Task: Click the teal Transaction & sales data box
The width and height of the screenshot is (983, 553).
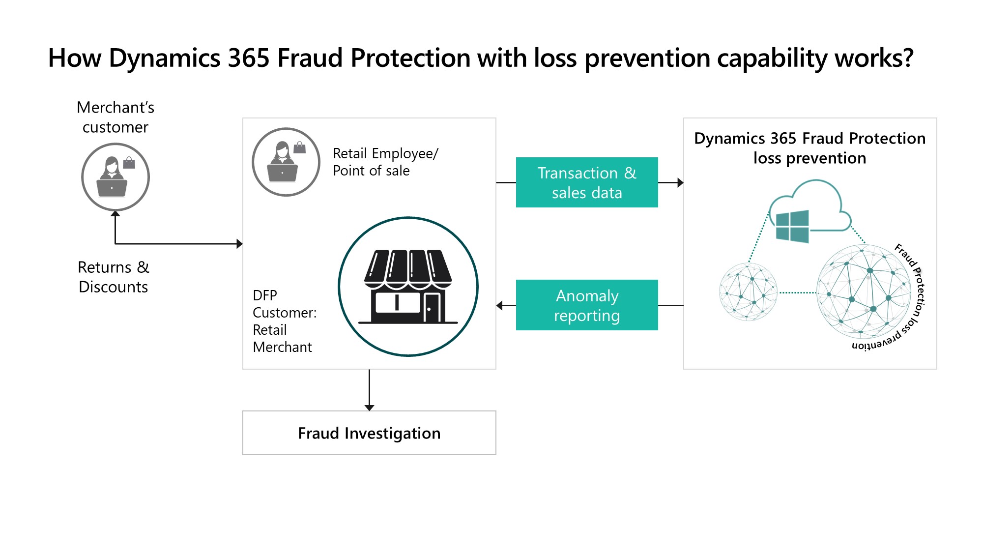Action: (586, 182)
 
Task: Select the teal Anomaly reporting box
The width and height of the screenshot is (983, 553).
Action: (586, 305)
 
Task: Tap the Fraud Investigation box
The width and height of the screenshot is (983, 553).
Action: (369, 433)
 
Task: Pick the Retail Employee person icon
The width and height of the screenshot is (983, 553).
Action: (286, 162)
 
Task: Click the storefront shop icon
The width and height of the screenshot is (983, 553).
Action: (408, 287)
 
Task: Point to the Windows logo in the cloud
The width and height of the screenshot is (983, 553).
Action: (792, 226)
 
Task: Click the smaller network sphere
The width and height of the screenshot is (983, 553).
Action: (748, 292)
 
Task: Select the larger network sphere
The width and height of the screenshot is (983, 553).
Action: (864, 292)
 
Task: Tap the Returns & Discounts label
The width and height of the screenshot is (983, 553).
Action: (114, 277)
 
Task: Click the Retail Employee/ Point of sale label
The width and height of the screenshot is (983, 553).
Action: (385, 162)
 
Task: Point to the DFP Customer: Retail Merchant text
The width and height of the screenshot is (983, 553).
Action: (284, 321)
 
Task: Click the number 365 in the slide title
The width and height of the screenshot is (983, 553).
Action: (248, 58)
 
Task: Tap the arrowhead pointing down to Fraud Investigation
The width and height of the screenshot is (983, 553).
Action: (369, 407)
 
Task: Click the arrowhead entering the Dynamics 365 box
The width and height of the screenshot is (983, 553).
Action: (680, 183)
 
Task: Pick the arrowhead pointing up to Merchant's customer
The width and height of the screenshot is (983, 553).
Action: (115, 214)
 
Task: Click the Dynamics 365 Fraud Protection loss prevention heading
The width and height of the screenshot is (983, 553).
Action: (810, 148)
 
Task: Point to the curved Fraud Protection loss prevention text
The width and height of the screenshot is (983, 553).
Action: (915, 295)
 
